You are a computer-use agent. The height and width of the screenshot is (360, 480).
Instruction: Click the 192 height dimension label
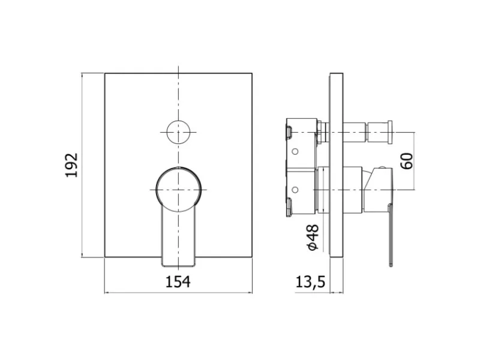(x=71, y=165)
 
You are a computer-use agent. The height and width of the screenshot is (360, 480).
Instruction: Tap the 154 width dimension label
(x=178, y=281)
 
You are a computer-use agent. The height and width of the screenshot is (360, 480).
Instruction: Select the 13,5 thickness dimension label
(x=310, y=282)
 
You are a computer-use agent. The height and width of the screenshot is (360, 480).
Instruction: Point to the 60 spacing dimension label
(x=407, y=161)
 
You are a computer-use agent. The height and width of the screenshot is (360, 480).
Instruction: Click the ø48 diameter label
(x=313, y=238)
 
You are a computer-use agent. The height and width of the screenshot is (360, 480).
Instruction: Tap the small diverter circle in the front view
(x=178, y=132)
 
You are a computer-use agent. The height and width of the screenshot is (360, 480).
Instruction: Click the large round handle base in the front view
(x=179, y=190)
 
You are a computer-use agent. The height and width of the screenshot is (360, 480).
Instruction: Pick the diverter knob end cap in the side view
(x=389, y=132)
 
